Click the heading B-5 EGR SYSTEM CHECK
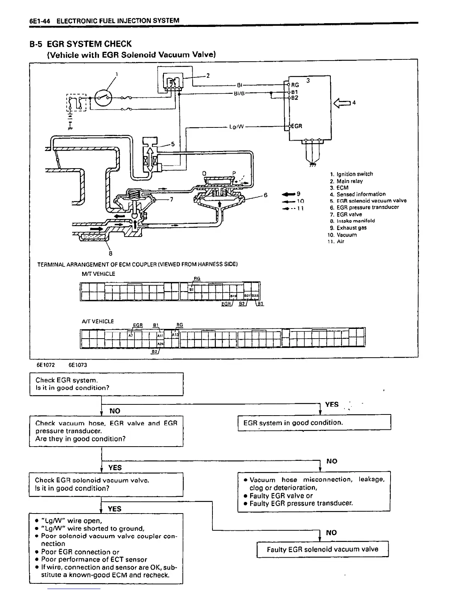click(x=81, y=44)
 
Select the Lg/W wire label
click(x=236, y=127)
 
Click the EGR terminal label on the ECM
click(x=296, y=126)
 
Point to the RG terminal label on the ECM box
click(x=295, y=85)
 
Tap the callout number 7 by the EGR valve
click(x=171, y=200)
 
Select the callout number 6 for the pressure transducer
click(x=265, y=195)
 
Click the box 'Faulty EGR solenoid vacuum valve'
click(x=323, y=549)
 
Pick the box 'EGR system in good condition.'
click(x=314, y=423)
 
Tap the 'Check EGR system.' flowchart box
click(x=106, y=384)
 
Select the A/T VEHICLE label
click(x=98, y=321)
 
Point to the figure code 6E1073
click(x=78, y=365)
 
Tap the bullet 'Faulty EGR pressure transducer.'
click(x=301, y=503)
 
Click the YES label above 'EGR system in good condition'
click(x=332, y=404)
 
